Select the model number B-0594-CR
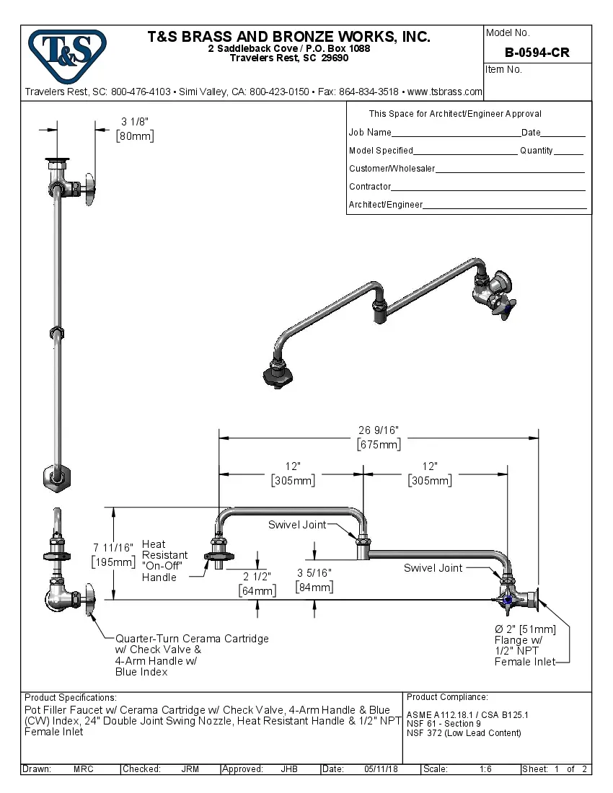point(537,53)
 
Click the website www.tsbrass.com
point(444,92)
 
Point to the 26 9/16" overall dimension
point(379,437)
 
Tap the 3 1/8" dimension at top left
point(135,129)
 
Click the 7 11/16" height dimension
point(113,555)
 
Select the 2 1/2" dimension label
point(257,584)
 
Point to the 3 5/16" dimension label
point(314,580)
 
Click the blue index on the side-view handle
point(508,600)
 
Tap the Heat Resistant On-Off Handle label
point(164,561)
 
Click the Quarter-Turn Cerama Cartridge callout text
point(192,655)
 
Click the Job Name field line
point(455,133)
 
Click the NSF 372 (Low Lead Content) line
point(464,734)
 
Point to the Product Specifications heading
point(70,698)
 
